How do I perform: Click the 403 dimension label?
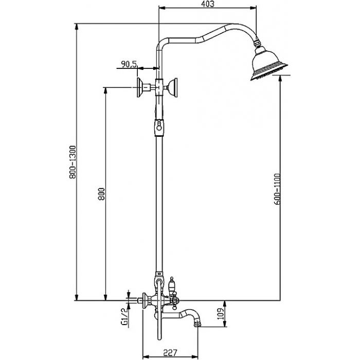[x=208, y=4]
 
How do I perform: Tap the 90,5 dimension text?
[x=129, y=64]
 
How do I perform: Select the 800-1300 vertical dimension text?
[x=73, y=162]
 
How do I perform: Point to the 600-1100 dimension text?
[x=277, y=189]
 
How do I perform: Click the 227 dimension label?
[x=170, y=352]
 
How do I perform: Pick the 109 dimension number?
[x=220, y=314]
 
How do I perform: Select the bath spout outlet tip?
[x=197, y=324]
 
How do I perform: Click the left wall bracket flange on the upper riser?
[x=139, y=87]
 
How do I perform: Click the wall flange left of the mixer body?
[x=144, y=300]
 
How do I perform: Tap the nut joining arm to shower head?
[x=257, y=43]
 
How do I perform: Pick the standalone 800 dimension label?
[x=101, y=194]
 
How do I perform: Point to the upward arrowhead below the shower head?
[x=280, y=79]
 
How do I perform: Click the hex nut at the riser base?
[x=159, y=280]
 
